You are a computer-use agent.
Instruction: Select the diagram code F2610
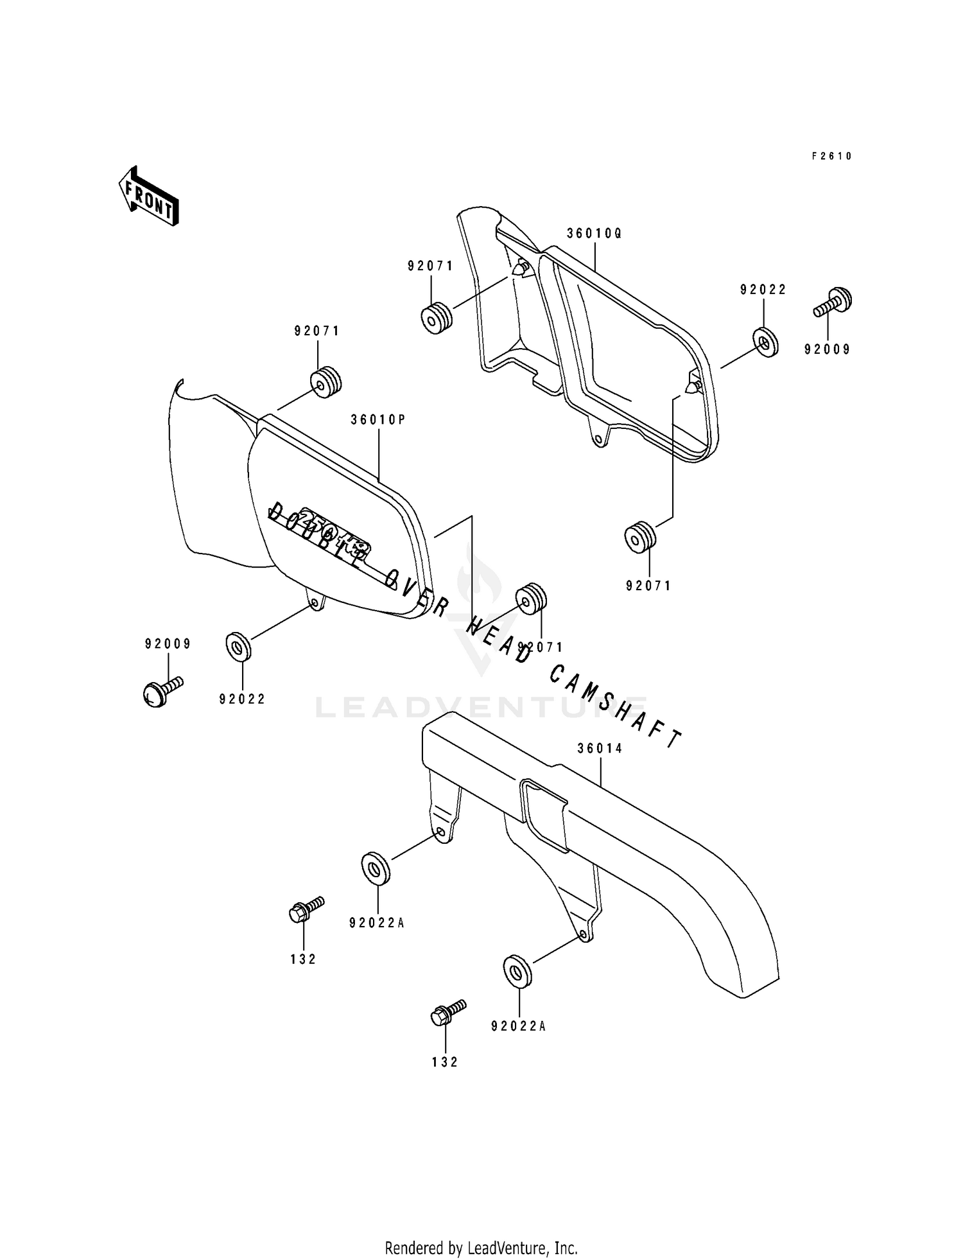tap(831, 156)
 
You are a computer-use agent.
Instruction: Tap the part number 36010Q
tap(594, 234)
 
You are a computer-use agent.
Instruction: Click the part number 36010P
tap(378, 420)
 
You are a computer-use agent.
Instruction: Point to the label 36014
tap(600, 748)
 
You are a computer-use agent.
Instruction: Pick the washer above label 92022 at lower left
tap(239, 646)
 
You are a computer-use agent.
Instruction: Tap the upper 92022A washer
tap(375, 868)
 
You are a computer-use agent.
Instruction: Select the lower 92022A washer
tap(517, 972)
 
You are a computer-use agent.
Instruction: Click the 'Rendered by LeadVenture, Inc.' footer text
tap(481, 1248)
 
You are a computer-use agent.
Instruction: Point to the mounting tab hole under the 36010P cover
tap(314, 602)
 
